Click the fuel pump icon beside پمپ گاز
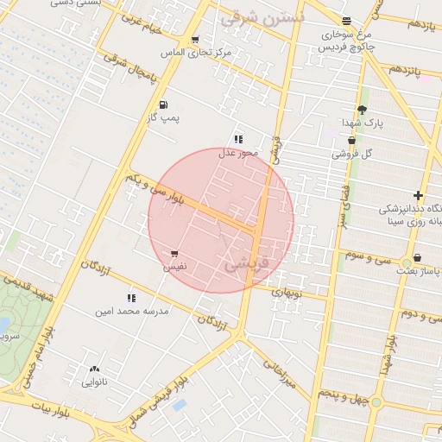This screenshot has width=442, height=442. click(163, 105)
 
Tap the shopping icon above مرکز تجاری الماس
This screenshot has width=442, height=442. click(195, 40)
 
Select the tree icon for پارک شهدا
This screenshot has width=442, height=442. click(362, 110)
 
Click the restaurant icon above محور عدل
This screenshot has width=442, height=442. click(238, 139)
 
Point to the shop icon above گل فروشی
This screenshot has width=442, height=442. click(351, 140)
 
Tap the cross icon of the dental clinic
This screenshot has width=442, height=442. click(419, 196)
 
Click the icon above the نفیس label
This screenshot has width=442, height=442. click(175, 254)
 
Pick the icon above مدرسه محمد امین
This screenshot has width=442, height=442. click(131, 297)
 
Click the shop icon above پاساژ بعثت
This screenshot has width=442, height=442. click(418, 257)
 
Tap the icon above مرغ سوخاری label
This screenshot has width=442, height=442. click(346, 22)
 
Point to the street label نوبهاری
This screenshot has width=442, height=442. click(288, 292)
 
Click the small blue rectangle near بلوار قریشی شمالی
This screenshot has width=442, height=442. click(180, 404)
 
